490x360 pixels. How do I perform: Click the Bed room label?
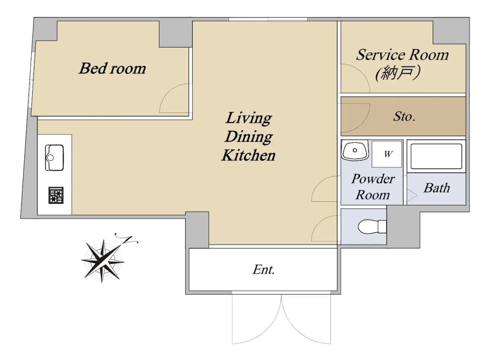point(112,68)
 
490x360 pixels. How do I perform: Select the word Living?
point(249,118)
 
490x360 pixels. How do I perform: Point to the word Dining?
point(249,137)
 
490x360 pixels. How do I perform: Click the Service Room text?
point(403,55)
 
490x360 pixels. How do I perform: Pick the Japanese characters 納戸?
point(397,73)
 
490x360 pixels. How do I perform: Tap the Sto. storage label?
point(404,116)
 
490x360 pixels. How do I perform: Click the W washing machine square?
point(387,154)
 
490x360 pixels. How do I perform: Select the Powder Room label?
point(373,187)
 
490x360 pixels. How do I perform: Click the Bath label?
point(437,188)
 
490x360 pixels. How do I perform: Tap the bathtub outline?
point(437,156)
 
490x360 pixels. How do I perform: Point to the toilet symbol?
point(372,227)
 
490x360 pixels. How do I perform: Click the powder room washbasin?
point(355,151)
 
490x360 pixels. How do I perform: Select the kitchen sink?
point(54,158)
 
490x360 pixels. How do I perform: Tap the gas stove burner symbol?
point(56,196)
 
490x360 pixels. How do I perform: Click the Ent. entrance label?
point(264,270)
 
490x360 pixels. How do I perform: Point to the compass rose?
point(103,261)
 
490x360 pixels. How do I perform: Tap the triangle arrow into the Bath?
point(411,195)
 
